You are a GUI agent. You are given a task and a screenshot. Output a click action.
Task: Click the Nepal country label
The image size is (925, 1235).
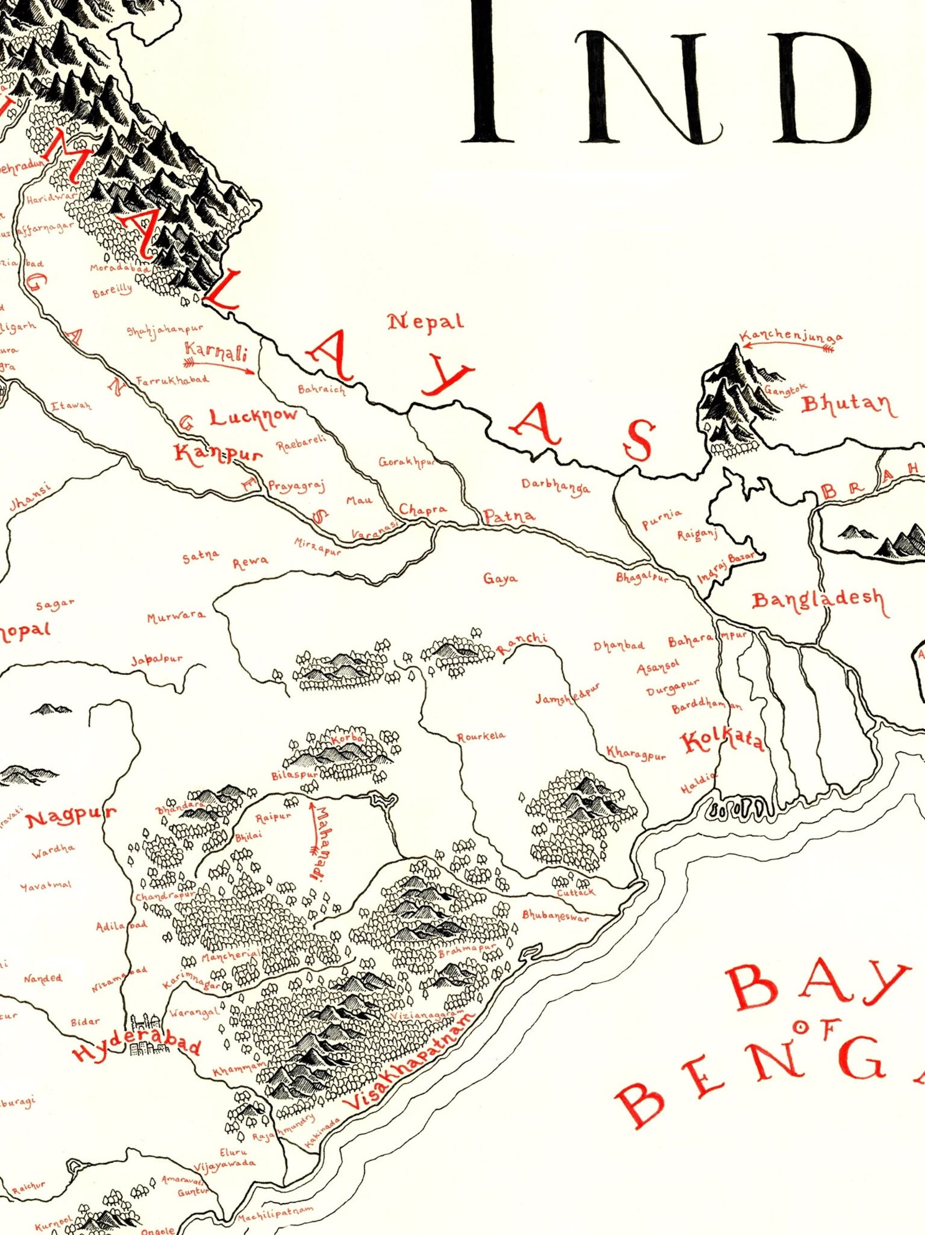(426, 322)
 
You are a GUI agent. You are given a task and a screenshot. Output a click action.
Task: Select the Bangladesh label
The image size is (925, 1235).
(818, 601)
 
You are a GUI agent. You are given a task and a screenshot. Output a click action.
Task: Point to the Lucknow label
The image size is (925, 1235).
(253, 417)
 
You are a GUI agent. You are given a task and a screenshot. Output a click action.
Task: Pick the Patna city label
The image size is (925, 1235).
(509, 516)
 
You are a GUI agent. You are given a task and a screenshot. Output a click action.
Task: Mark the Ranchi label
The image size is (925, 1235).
(522, 643)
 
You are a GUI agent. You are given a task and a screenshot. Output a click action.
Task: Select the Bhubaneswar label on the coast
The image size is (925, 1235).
(555, 916)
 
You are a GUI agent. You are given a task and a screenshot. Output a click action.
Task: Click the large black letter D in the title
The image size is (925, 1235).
(827, 87)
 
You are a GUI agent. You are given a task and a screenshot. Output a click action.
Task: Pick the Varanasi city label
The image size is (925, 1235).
(375, 529)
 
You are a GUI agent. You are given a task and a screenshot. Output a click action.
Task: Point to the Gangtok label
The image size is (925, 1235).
(786, 389)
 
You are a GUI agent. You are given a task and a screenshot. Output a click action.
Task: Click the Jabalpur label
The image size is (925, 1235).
(156, 660)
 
